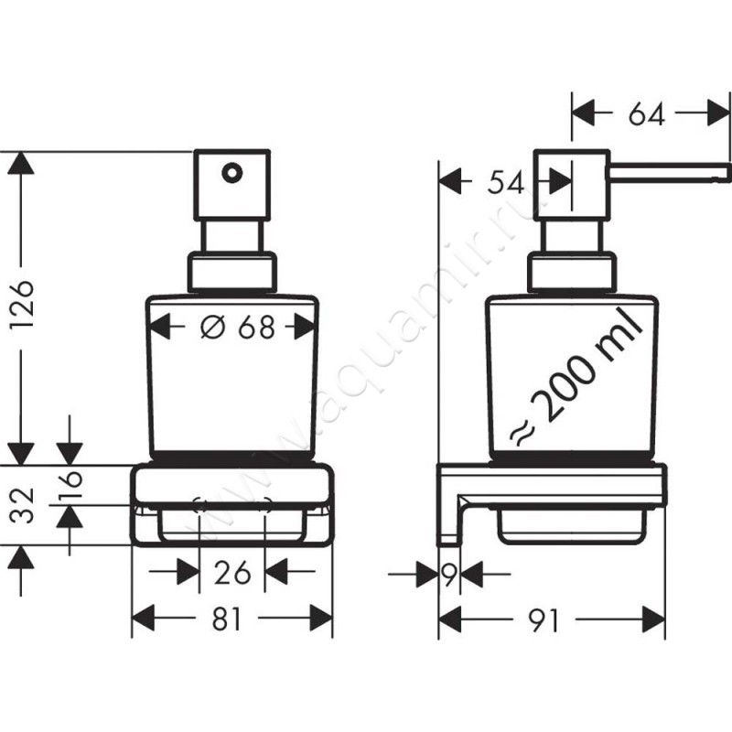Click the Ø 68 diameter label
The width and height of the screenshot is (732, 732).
(x=237, y=326)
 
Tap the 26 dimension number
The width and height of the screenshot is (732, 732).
(x=231, y=574)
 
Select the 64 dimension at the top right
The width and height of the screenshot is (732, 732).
(x=646, y=113)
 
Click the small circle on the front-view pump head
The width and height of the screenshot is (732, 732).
(x=231, y=171)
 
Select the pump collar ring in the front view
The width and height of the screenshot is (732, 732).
(x=231, y=272)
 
